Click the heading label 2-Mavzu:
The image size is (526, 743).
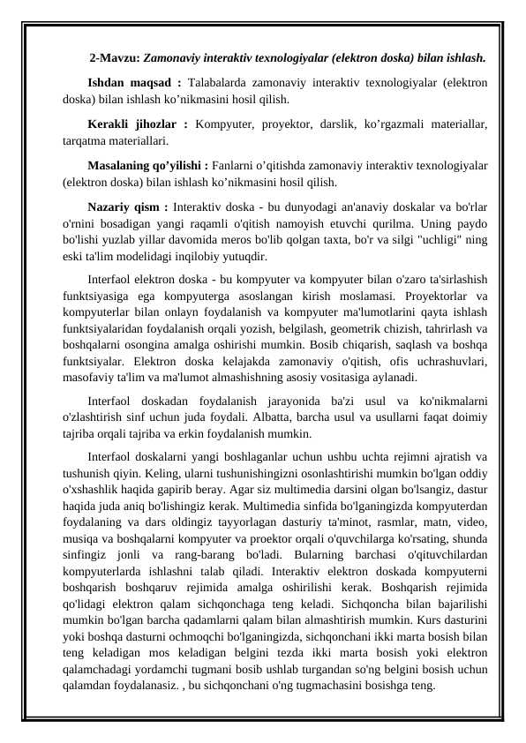click(x=115, y=59)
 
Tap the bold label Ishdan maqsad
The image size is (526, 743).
click(x=130, y=83)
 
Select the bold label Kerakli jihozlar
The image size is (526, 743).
click(x=136, y=124)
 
